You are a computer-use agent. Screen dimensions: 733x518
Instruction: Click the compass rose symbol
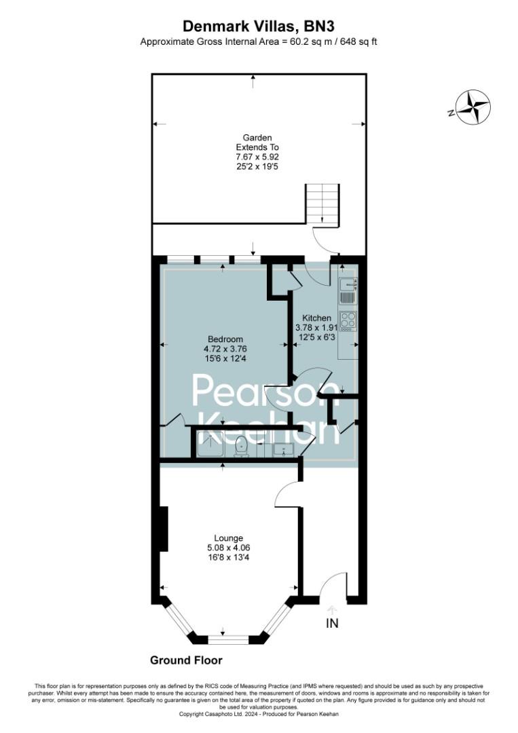[x=473, y=107]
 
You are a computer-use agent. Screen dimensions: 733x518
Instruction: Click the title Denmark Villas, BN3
[x=258, y=26]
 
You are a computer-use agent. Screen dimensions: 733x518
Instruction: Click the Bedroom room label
[x=225, y=339]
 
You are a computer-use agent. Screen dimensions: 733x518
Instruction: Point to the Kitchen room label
[x=316, y=318]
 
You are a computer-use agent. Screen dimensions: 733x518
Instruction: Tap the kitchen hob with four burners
[x=348, y=320]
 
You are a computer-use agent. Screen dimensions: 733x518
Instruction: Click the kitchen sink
[x=348, y=288]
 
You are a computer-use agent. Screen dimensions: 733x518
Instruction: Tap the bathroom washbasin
[x=283, y=449]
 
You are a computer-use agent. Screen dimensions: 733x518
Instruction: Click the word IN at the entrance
[x=332, y=623]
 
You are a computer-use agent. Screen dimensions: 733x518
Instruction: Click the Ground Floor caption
[x=186, y=660]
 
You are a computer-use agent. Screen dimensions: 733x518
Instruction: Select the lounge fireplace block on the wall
[x=164, y=529]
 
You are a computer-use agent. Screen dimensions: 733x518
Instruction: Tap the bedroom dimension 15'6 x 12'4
[x=225, y=358]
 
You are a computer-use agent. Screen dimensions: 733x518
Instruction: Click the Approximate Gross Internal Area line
[x=258, y=41]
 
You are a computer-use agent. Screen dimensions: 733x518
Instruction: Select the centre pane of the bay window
[x=225, y=639]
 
